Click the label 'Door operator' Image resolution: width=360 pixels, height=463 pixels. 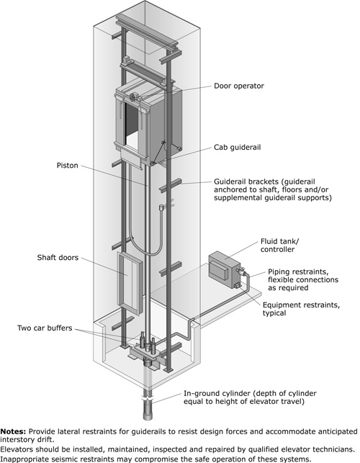tap(238, 86)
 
